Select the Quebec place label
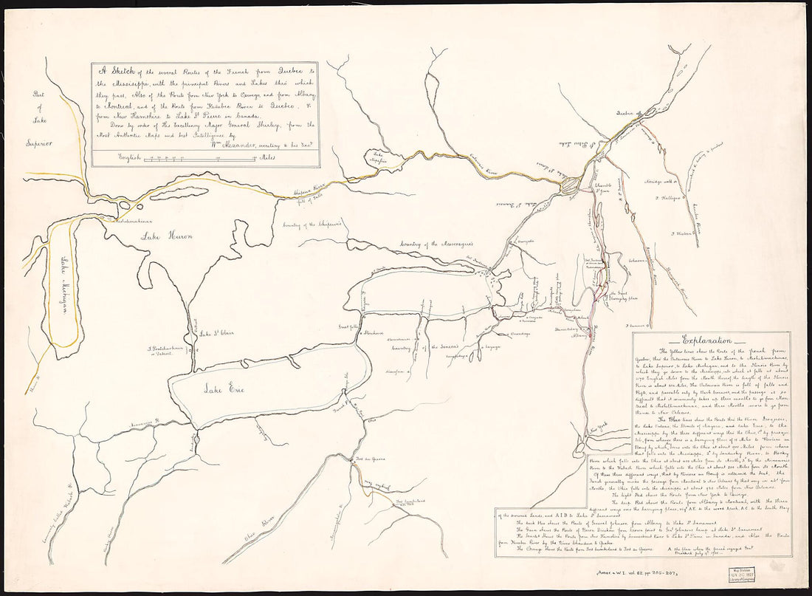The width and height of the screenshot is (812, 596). click(x=626, y=113)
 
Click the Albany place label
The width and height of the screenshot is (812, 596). click(x=579, y=334)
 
